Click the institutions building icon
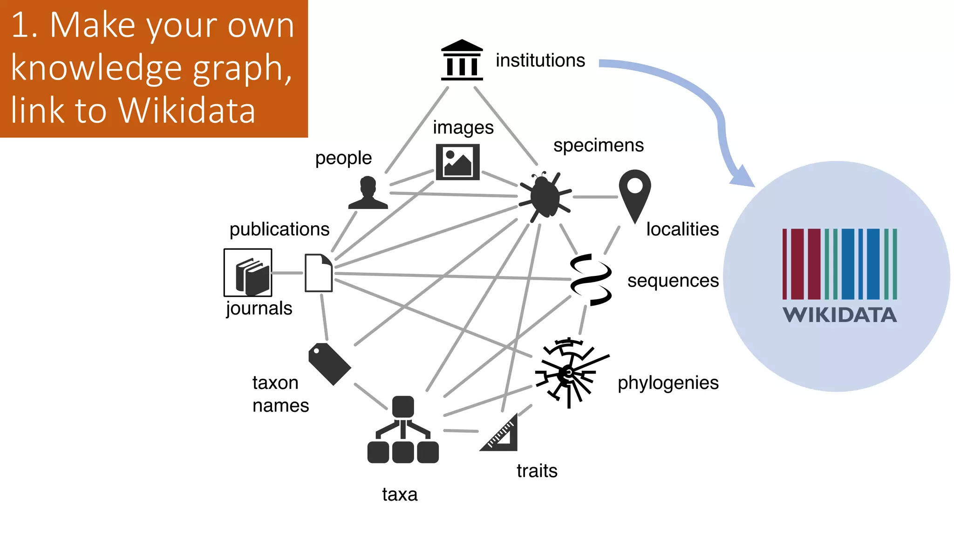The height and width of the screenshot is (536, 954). coord(462,60)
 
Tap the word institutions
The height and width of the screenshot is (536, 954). coord(540,60)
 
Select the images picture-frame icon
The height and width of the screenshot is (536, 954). coord(457,162)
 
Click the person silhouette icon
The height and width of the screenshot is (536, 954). coord(368,193)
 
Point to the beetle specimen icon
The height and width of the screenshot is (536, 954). coord(545,196)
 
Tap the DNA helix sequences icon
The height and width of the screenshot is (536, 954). coord(591,280)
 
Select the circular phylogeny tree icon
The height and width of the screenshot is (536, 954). coord(569,372)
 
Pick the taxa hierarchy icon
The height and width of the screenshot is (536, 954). coord(403,430)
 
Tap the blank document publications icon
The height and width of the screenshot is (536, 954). coord(319,273)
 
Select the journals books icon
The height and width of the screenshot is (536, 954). coord(248,273)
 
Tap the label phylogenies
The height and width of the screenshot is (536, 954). coord(668,383)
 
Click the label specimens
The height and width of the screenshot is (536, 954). coord(598,145)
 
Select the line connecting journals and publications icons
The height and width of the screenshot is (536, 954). coord(288,273)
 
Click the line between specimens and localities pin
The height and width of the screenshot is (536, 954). coord(595,197)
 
